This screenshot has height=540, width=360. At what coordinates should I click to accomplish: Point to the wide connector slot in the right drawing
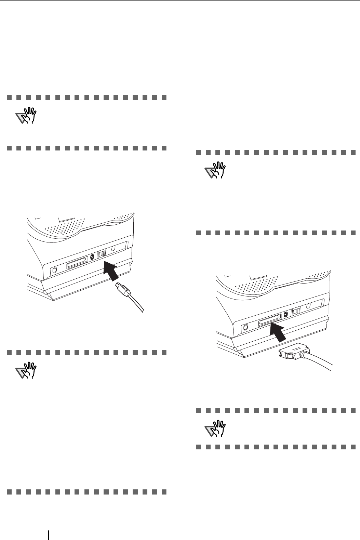click(x=270, y=322)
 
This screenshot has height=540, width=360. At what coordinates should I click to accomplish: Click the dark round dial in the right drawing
click(x=286, y=315)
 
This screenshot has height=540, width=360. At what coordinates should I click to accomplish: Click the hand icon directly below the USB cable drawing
click(x=27, y=372)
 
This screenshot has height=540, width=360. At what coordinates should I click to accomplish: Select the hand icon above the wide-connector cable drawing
click(x=215, y=170)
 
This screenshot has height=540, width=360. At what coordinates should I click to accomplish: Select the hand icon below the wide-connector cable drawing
click(x=215, y=429)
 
